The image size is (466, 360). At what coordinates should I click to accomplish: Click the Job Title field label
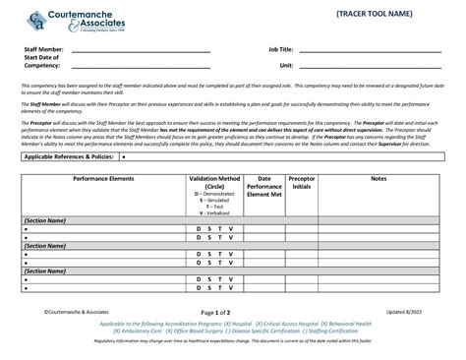click(x=280, y=48)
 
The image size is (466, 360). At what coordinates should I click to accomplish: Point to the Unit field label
click(x=286, y=65)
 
